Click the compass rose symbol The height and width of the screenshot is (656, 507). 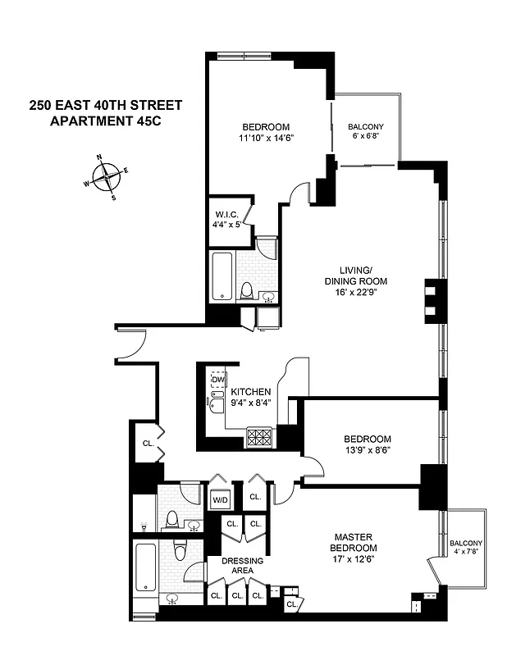(x=106, y=177)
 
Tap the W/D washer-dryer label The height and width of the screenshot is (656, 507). (x=220, y=499)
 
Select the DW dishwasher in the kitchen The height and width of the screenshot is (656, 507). (x=217, y=380)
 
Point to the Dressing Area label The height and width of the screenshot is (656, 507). (x=242, y=566)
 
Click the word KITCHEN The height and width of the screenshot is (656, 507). (x=250, y=392)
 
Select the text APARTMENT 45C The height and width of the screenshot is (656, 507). (x=105, y=121)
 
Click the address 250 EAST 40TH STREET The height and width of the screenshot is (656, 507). (x=105, y=105)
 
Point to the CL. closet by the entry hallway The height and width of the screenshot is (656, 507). (x=148, y=443)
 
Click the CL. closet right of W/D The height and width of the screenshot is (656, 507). (x=255, y=497)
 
